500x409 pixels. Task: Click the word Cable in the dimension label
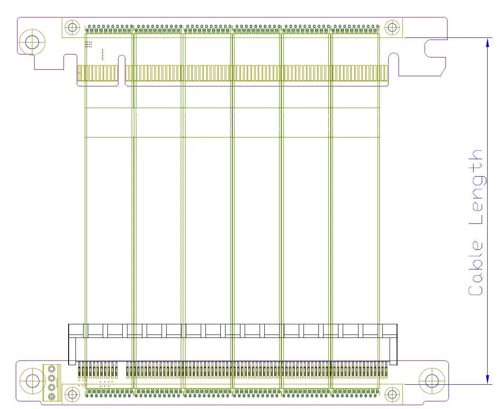476,267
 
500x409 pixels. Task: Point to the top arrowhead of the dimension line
488,41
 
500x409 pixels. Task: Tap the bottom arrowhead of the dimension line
488,381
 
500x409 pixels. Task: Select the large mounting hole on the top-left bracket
32,42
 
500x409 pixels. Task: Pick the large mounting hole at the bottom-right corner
432,380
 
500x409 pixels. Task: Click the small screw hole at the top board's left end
72,28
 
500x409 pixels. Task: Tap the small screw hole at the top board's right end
392,28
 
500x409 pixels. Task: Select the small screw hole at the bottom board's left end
72,395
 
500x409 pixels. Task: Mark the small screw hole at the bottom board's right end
392,395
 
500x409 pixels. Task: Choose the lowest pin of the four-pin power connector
52,397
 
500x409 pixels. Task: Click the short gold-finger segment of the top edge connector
98,73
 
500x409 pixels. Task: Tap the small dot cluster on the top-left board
88,44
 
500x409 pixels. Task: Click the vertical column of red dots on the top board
103,54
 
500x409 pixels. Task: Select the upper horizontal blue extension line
448,38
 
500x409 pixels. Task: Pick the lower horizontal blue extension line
448,384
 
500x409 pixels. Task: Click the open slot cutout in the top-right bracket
435,48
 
